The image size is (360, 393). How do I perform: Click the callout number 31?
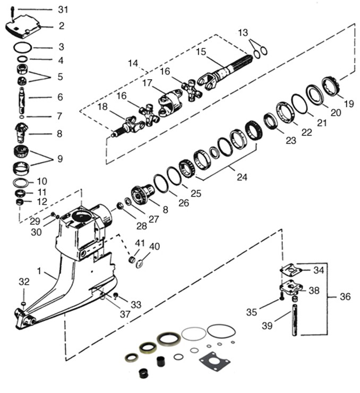point(63,10)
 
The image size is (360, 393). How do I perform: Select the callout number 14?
point(133,63)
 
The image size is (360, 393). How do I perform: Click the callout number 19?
point(348,104)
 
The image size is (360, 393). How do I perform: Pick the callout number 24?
point(242,177)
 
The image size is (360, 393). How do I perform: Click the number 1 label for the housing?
point(39,271)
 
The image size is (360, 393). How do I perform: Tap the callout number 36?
point(345,297)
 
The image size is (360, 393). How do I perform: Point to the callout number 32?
point(24,281)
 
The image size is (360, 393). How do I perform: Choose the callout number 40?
point(154,246)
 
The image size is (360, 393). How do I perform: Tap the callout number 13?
point(243,33)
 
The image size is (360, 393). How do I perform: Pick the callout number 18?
point(103,107)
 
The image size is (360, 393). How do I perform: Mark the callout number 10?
point(42,182)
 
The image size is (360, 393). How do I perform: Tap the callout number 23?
point(290,141)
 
